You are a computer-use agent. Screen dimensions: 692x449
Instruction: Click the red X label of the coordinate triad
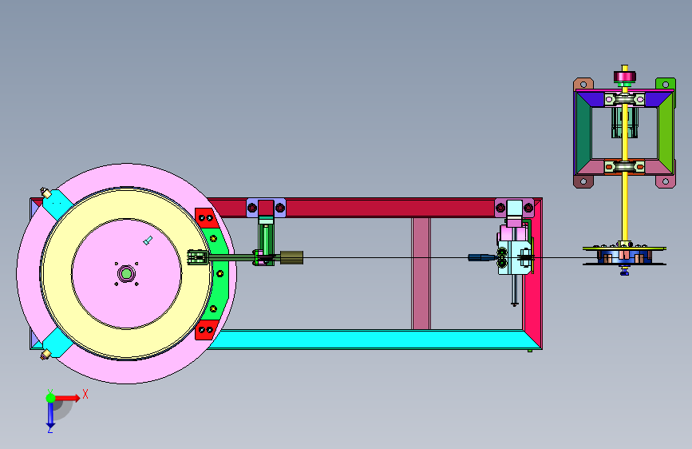[85, 394]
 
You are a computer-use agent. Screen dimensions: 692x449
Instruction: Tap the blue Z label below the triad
[50, 429]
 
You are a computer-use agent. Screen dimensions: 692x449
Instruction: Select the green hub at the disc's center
[126, 273]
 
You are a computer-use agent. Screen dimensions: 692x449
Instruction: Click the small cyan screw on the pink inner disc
[148, 240]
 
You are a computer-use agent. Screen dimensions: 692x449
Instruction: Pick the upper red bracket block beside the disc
[206, 218]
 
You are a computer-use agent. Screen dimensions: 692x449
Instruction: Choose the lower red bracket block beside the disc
[206, 330]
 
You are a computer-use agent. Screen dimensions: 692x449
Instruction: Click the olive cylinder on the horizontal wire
[291, 257]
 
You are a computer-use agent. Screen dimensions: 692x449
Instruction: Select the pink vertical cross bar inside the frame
[421, 273]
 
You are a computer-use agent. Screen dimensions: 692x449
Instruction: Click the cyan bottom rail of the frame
[370, 340]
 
